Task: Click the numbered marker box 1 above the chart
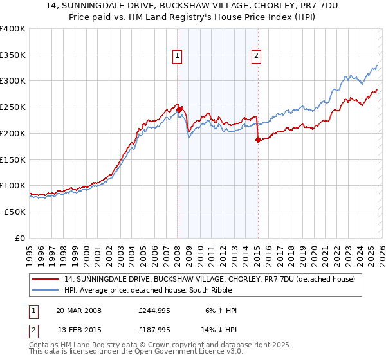[x=177, y=57]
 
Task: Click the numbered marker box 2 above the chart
[x=256, y=57]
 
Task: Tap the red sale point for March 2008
[x=179, y=109]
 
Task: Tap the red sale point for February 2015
[x=257, y=139]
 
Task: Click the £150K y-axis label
[x=13, y=159]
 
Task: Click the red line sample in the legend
[x=46, y=279]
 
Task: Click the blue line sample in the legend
[x=46, y=290]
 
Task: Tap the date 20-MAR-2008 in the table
[x=78, y=310]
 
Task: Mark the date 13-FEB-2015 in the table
[x=78, y=330]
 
